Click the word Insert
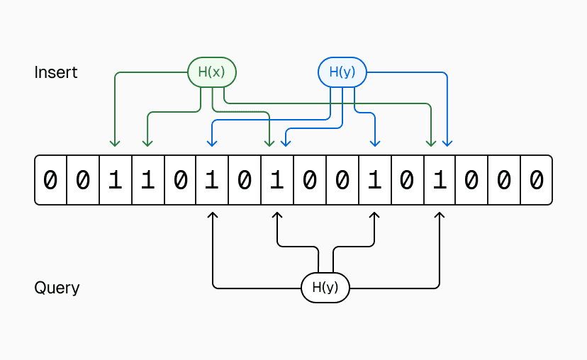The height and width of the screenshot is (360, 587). pyautogui.click(x=56, y=72)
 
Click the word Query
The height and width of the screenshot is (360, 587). pyautogui.click(x=57, y=288)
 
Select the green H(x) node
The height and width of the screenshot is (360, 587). pyautogui.click(x=211, y=72)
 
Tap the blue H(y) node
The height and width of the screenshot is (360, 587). pyautogui.click(x=342, y=72)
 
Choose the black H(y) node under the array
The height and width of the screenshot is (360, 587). pyautogui.click(x=325, y=288)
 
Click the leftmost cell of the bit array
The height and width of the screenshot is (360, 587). pyautogui.click(x=50, y=181)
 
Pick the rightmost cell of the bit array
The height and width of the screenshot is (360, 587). pyautogui.click(x=536, y=181)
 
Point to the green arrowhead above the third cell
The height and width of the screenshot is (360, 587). pyautogui.click(x=114, y=144)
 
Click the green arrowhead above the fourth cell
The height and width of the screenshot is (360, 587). pyautogui.click(x=147, y=144)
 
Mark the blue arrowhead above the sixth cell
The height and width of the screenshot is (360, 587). pyautogui.click(x=211, y=144)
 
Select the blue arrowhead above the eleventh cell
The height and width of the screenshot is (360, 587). pyautogui.click(x=374, y=144)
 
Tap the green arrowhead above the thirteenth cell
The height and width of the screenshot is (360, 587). pyautogui.click(x=430, y=144)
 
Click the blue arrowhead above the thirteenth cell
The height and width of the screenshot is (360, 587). pyautogui.click(x=447, y=144)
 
